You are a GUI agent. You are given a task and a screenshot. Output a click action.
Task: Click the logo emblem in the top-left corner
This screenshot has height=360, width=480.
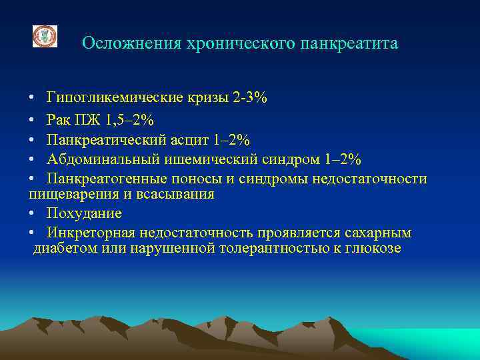(45, 36)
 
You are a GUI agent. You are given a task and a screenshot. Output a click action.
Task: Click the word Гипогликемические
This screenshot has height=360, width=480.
(115, 98)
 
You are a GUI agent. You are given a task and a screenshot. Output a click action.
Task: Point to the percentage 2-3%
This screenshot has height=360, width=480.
(250, 98)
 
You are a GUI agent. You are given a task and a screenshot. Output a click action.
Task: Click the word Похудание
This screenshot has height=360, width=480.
(85, 213)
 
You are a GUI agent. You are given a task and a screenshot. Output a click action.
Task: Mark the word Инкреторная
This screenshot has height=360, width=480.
(91, 233)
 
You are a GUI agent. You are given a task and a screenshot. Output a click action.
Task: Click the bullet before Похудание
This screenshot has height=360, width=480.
(32, 213)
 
